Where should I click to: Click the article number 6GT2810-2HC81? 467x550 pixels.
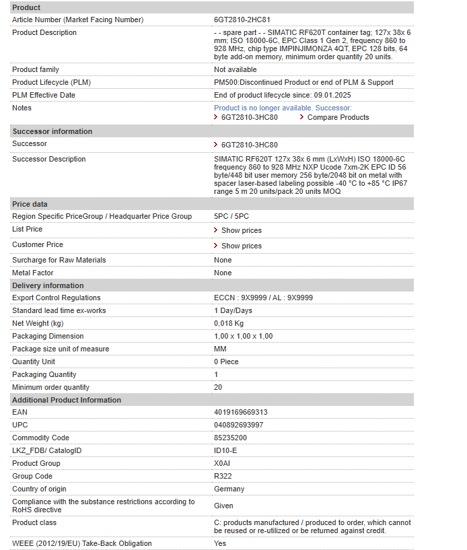pos(242,20)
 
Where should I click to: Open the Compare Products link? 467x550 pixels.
pos(338,117)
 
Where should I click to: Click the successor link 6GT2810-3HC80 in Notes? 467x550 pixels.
pos(249,117)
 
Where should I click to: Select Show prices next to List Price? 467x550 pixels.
pos(241,230)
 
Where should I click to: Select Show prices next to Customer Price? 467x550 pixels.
pos(241,246)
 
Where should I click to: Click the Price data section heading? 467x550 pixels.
pos(30,204)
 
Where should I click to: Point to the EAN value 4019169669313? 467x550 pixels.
pos(240,412)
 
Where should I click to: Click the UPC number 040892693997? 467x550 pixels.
pos(238,425)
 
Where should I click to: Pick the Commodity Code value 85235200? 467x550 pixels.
pos(230,438)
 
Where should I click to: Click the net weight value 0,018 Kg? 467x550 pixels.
pos(228,323)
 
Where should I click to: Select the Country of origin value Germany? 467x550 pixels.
pos(229,489)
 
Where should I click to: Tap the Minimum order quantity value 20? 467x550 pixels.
pos(218,387)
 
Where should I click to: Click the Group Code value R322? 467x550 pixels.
pos(223,476)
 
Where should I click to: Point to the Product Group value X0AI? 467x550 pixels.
pos(222,463)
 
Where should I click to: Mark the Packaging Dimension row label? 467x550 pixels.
pos(48,336)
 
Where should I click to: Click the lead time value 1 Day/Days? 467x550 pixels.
pos(233,310)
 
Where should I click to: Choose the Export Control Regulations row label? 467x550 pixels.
pos(56,298)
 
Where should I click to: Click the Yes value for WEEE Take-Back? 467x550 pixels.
pos(220,543)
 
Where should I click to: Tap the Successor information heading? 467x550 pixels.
pos(52,131)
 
